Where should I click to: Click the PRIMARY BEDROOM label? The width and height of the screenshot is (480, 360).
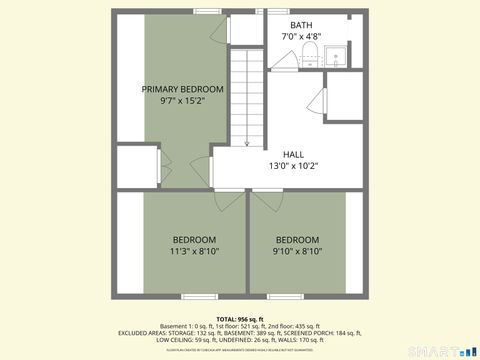click(182, 89)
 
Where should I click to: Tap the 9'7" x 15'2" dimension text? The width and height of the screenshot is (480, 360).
click(182, 101)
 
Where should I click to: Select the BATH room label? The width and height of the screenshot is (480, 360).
click(301, 25)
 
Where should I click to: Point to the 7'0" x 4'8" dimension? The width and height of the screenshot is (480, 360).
click(301, 37)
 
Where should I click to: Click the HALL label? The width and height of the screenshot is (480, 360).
click(293, 154)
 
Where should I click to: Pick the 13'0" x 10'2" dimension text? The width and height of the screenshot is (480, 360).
click(293, 166)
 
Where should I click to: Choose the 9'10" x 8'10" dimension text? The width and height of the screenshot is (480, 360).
click(297, 252)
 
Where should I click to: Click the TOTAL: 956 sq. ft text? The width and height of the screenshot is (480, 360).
click(239, 318)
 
